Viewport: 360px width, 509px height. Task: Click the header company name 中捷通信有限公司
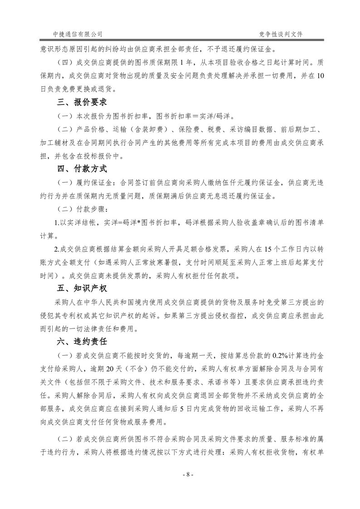[x=78, y=34]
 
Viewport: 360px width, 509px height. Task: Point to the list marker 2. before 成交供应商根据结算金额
[x=56, y=250]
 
